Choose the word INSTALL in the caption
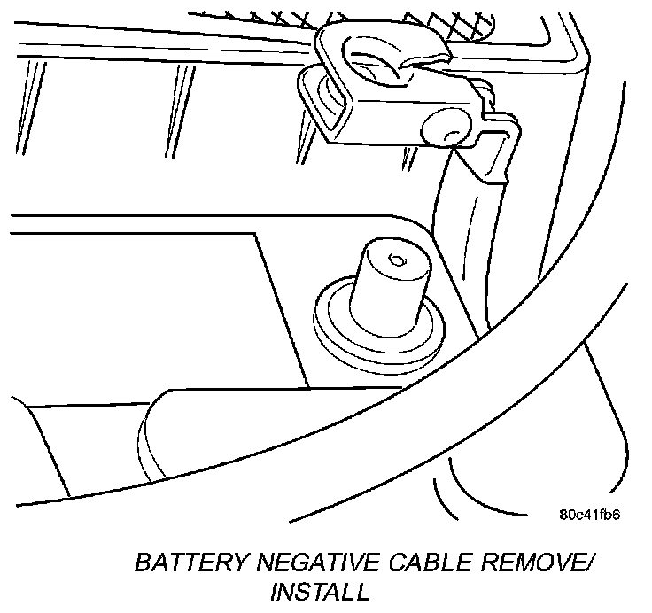click(x=319, y=591)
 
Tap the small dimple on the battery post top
click(x=395, y=260)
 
